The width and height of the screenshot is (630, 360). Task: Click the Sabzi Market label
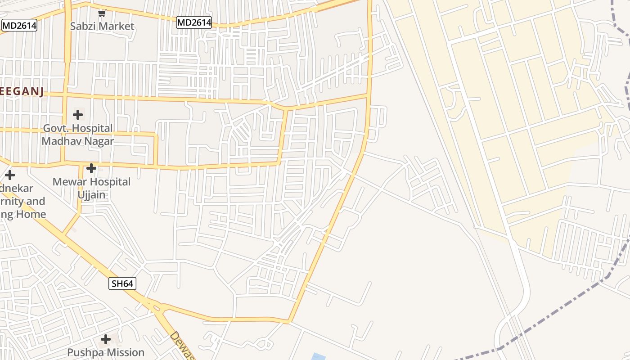tap(102, 26)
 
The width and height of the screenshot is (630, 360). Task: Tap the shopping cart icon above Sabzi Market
tap(102, 13)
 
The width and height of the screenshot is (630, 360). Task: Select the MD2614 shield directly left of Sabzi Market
tap(19, 26)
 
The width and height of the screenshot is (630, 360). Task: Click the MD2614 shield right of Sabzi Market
tap(194, 22)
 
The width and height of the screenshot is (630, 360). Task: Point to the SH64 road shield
tap(122, 283)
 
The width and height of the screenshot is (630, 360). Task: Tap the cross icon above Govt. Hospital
tap(78, 115)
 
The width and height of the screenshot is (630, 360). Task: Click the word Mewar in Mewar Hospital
tap(68, 182)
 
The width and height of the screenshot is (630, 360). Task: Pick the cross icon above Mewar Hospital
tap(91, 168)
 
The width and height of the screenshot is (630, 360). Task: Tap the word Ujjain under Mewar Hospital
tap(91, 194)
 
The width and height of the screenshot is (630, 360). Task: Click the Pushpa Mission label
tap(106, 352)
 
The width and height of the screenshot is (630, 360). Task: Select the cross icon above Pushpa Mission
tap(106, 339)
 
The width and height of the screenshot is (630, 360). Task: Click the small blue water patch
tap(318, 357)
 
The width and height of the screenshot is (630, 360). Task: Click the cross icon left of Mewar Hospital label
tap(10, 175)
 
